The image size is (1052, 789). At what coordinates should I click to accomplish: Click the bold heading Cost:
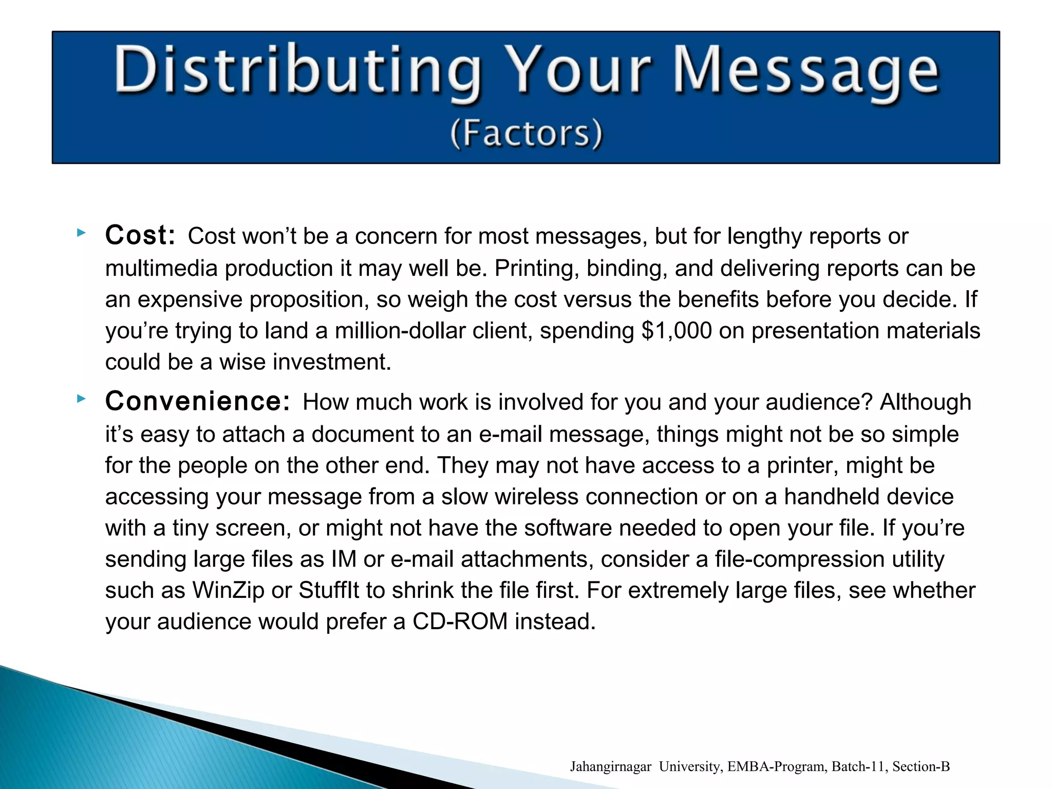click(140, 235)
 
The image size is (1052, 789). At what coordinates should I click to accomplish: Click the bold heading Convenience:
click(198, 401)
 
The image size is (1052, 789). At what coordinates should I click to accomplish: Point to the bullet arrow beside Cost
click(81, 233)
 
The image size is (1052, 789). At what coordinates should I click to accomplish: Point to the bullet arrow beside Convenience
click(81, 399)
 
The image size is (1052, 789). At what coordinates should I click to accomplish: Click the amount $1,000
click(677, 331)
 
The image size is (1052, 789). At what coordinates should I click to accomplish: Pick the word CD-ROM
click(460, 622)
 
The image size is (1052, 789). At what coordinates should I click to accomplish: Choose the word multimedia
click(161, 269)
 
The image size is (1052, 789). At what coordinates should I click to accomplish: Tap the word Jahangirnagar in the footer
click(610, 766)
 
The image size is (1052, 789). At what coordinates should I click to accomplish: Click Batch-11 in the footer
click(859, 766)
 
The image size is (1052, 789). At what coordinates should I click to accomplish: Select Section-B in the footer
click(921, 766)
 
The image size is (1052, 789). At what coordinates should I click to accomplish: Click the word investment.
click(332, 362)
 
